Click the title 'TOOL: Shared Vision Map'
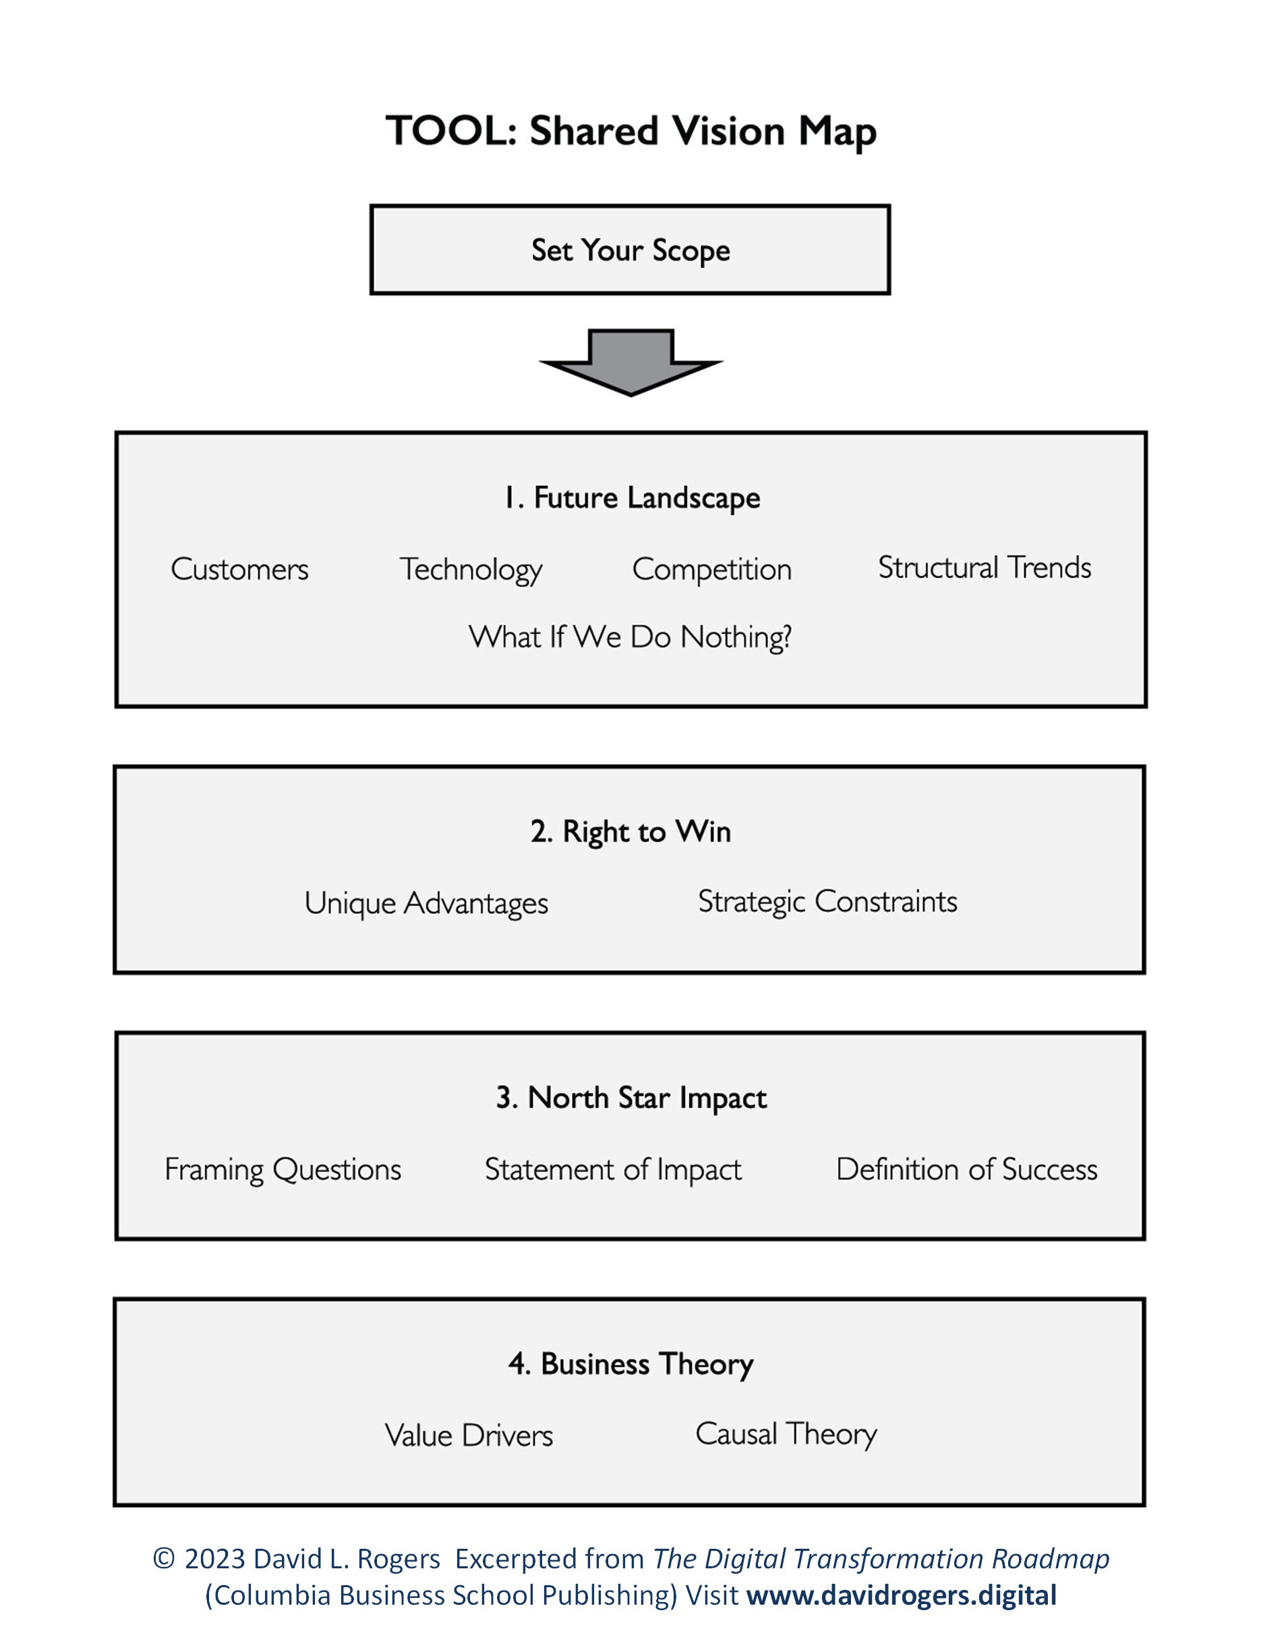click(630, 131)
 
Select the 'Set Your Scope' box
click(630, 249)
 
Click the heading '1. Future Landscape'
click(632, 498)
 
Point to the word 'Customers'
click(239, 569)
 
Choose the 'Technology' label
click(471, 569)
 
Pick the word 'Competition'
click(711, 569)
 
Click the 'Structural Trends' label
click(984, 567)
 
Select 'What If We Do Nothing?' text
click(630, 637)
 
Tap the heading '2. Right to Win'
click(630, 831)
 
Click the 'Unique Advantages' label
click(426, 903)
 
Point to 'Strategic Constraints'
click(827, 901)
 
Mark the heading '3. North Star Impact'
click(631, 1098)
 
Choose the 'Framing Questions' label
click(283, 1169)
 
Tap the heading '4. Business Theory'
click(630, 1363)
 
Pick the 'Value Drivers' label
click(469, 1436)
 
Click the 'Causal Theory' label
click(786, 1434)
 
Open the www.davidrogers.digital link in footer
click(901, 1595)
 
